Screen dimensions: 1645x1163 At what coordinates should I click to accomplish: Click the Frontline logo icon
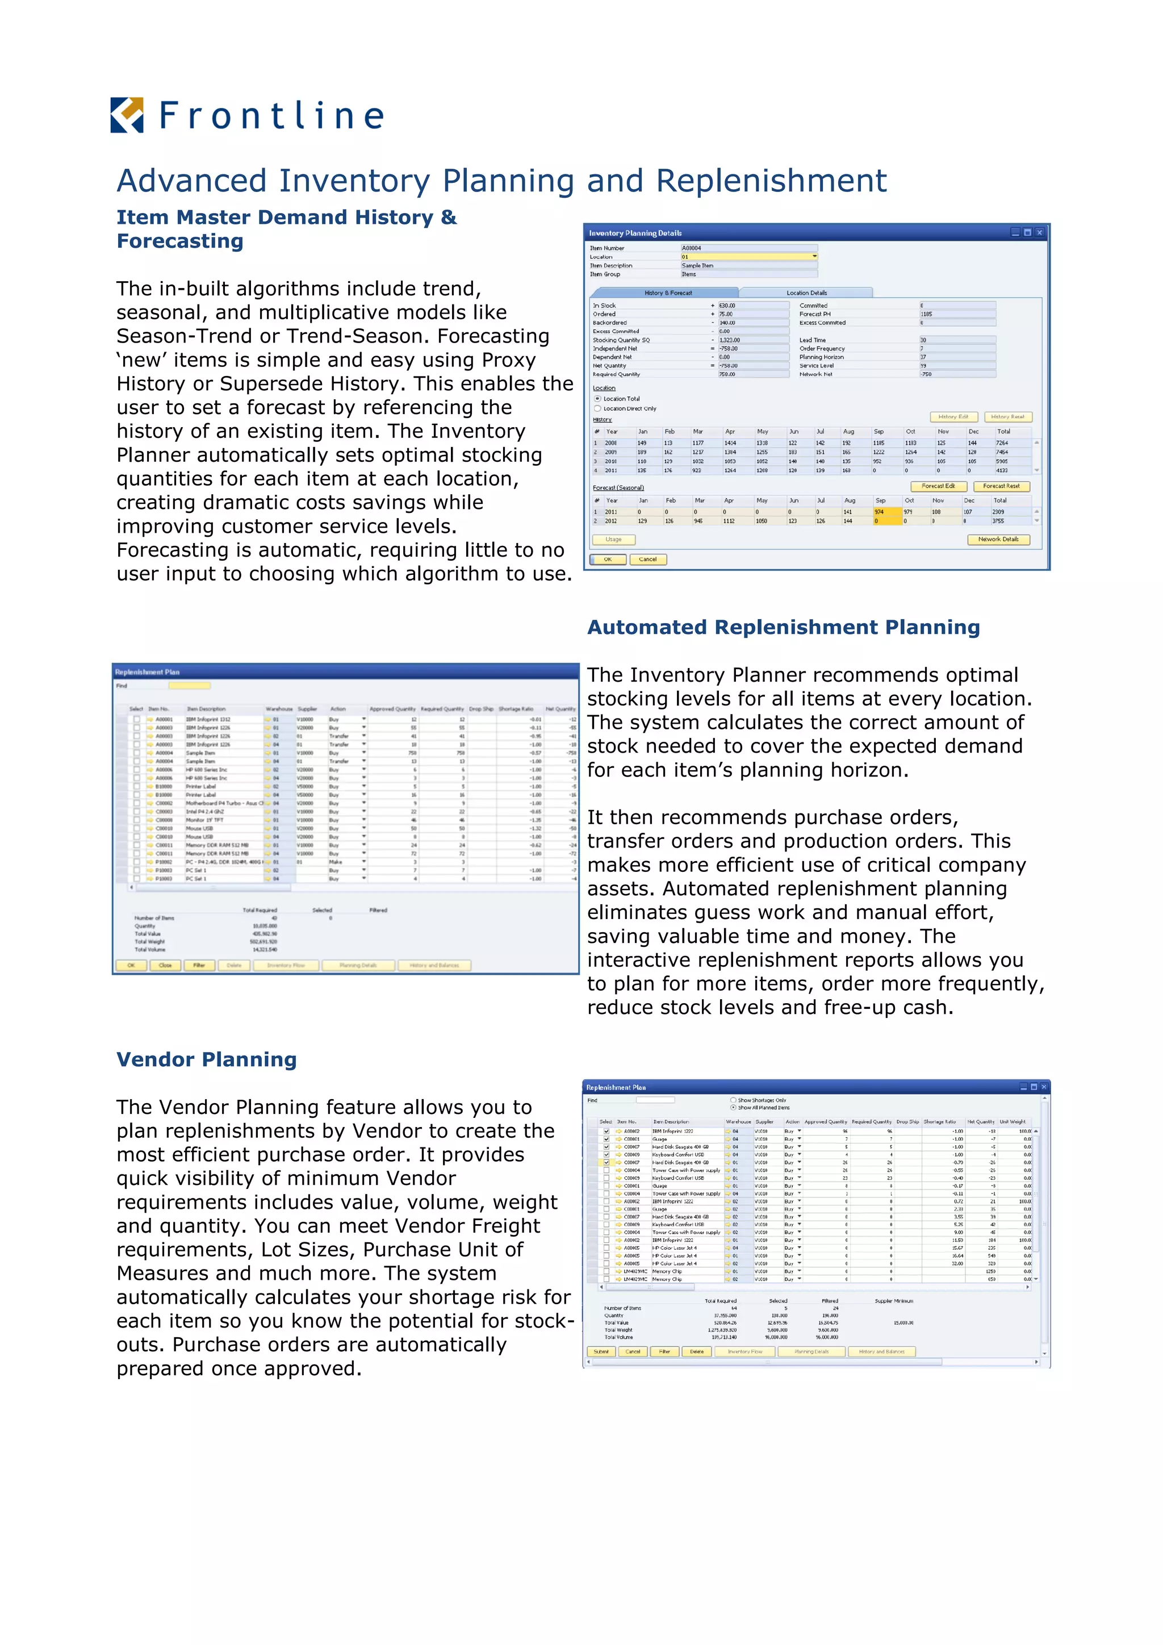pyautogui.click(x=127, y=115)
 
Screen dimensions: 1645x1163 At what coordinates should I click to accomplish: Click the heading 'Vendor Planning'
pyautogui.click(x=206, y=1059)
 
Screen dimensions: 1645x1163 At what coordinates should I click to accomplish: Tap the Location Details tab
pyautogui.click(x=806, y=293)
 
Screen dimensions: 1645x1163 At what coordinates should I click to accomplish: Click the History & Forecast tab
pyautogui.click(x=667, y=293)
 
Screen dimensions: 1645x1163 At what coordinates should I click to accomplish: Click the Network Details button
pyautogui.click(x=998, y=540)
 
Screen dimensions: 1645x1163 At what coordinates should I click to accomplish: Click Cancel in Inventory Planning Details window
pyautogui.click(x=647, y=560)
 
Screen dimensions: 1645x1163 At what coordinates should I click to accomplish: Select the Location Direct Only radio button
pyautogui.click(x=597, y=408)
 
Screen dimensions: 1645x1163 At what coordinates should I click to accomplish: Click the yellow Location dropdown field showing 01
pyautogui.click(x=748, y=257)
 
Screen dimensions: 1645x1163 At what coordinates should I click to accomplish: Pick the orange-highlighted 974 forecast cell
pyautogui.click(x=886, y=512)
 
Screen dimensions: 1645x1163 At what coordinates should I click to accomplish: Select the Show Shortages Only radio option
pyautogui.click(x=733, y=1100)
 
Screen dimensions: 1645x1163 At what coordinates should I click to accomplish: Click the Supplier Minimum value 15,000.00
pyautogui.click(x=903, y=1322)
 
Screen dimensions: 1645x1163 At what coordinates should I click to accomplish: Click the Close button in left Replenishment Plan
pyautogui.click(x=165, y=965)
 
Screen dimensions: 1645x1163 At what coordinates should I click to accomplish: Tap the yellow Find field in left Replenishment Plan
pyautogui.click(x=189, y=686)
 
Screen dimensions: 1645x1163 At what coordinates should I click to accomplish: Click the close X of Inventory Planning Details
pyautogui.click(x=1039, y=233)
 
